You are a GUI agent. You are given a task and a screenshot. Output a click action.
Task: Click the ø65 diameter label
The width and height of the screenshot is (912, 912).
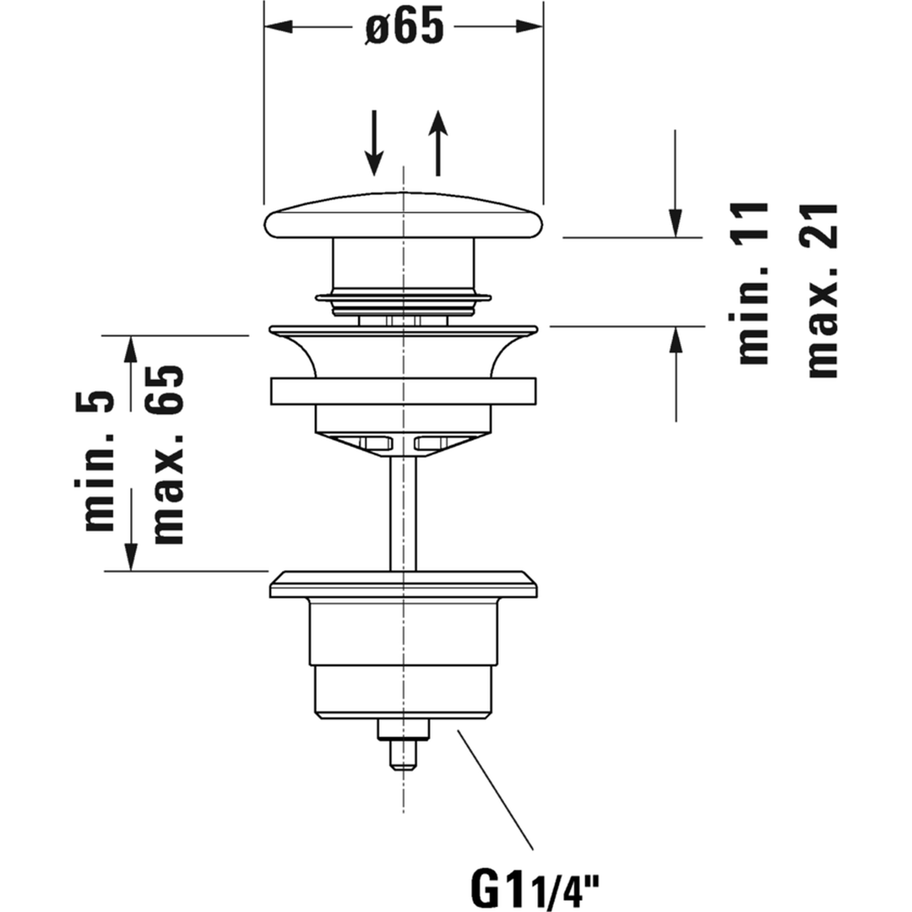click(404, 27)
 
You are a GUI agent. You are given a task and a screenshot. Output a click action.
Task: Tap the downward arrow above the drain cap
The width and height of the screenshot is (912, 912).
click(374, 143)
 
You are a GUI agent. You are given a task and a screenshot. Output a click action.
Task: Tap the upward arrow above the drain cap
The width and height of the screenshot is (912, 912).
click(438, 143)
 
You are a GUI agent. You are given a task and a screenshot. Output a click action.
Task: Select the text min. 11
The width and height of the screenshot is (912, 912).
click(753, 283)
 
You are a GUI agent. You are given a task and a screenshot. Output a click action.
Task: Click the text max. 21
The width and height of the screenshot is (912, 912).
click(822, 290)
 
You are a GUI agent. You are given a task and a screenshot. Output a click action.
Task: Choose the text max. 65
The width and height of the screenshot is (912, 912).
click(169, 455)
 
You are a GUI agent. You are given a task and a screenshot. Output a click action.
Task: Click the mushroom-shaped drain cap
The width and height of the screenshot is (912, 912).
click(403, 215)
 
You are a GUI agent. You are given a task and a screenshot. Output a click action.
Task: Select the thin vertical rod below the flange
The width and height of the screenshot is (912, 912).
click(403, 512)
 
